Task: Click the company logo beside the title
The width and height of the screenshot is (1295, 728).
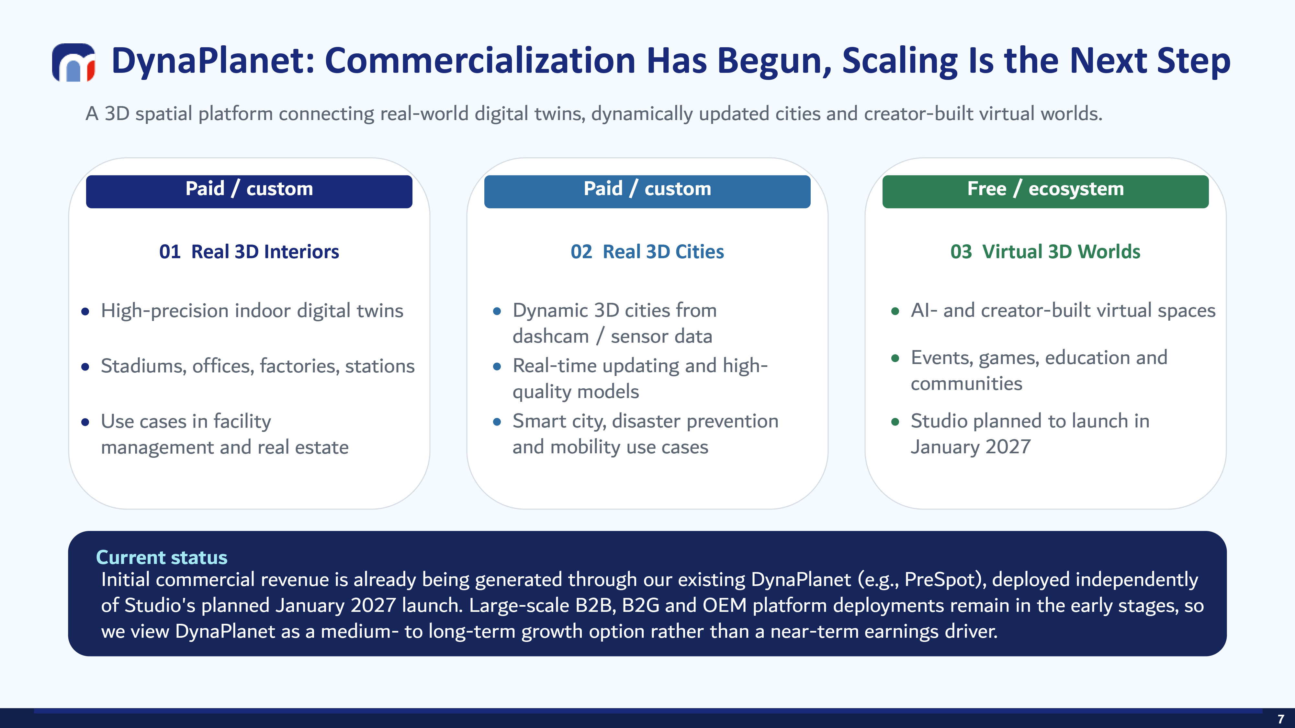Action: click(x=73, y=62)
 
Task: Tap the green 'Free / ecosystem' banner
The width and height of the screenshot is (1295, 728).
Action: click(x=1045, y=192)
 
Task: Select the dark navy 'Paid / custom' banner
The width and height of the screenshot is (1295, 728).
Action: click(x=249, y=192)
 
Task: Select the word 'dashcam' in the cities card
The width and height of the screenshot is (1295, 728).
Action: click(x=550, y=336)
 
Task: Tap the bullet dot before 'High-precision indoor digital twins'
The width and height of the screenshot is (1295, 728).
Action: click(x=85, y=312)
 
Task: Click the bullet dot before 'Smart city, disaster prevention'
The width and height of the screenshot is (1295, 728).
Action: click(x=497, y=422)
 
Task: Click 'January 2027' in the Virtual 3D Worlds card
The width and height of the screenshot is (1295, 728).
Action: click(x=971, y=447)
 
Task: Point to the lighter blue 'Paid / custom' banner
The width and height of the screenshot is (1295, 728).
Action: click(x=647, y=192)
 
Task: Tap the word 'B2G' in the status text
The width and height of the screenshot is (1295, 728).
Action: click(x=640, y=605)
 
